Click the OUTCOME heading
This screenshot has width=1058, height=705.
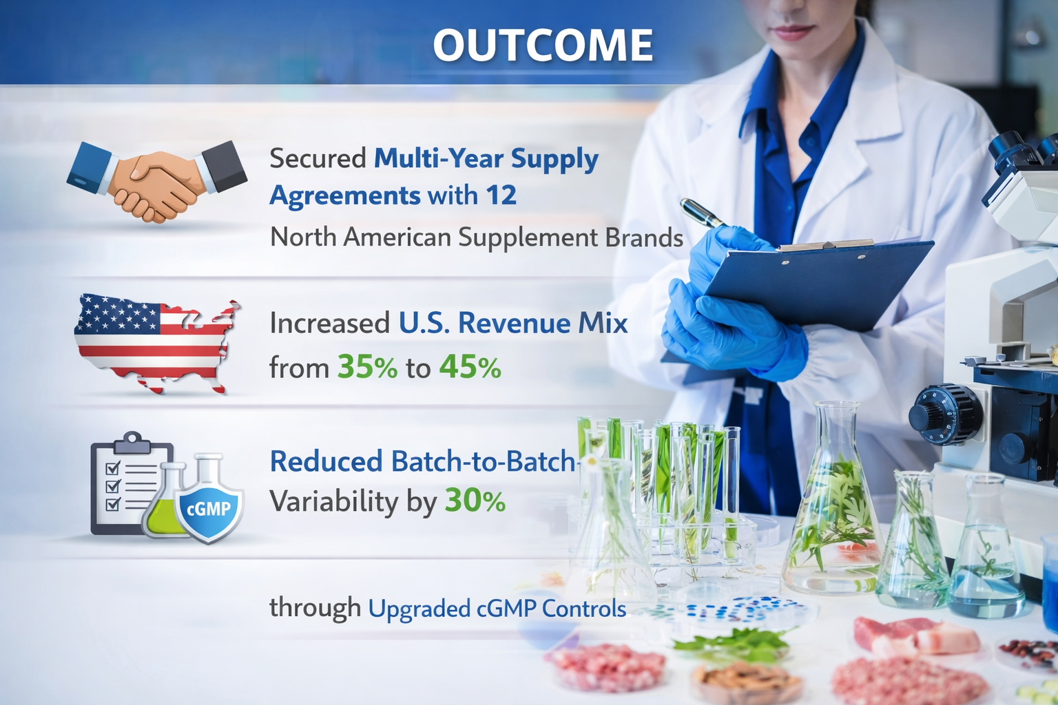543,45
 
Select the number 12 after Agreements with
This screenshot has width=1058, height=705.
501,196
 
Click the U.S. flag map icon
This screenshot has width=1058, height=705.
157,343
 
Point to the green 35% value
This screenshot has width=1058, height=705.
367,368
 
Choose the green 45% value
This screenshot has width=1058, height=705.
470,368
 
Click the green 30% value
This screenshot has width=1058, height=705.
475,501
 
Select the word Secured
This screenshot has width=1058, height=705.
318,158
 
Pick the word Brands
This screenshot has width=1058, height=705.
644,238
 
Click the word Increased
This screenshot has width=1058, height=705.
330,324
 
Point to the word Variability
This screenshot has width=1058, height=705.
333,501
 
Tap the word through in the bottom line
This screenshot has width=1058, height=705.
315,608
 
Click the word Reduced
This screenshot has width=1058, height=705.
326,461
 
